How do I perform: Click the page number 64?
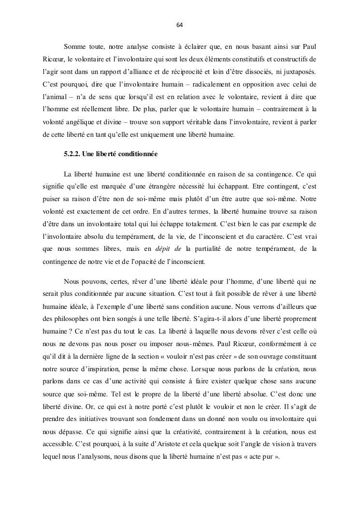(180, 25)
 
